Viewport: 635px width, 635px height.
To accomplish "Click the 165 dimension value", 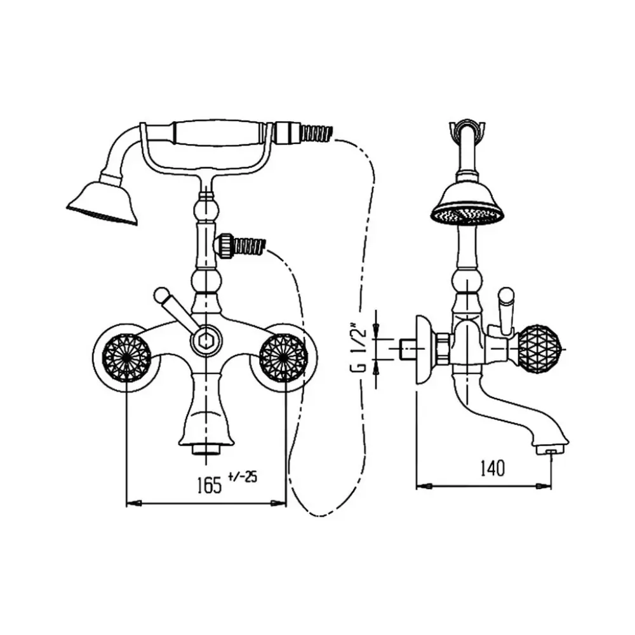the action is pyautogui.click(x=210, y=485).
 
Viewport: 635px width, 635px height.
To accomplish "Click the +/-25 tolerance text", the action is pyautogui.click(x=243, y=477).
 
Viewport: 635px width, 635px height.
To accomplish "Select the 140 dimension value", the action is pyautogui.click(x=493, y=468).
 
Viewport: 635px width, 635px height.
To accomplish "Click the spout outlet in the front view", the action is pyautogui.click(x=206, y=449).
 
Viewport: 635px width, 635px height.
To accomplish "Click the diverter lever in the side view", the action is pyautogui.click(x=506, y=311).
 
